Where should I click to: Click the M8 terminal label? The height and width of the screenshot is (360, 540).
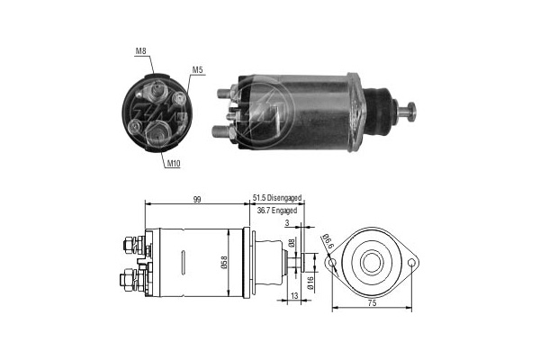[x=140, y=51]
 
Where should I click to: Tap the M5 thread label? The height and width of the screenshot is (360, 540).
[x=197, y=70]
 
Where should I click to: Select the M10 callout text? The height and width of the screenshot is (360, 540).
[x=174, y=164]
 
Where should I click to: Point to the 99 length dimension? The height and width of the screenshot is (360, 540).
[x=196, y=200]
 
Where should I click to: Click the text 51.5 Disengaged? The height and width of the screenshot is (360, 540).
[x=277, y=198]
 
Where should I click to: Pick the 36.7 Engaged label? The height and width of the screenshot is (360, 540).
[x=277, y=211]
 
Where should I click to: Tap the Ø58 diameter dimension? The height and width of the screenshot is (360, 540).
[x=224, y=262]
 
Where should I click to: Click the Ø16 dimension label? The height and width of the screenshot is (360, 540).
[x=310, y=283]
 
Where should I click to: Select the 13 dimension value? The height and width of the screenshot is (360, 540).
[x=294, y=295]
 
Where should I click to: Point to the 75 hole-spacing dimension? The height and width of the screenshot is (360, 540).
[x=373, y=303]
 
